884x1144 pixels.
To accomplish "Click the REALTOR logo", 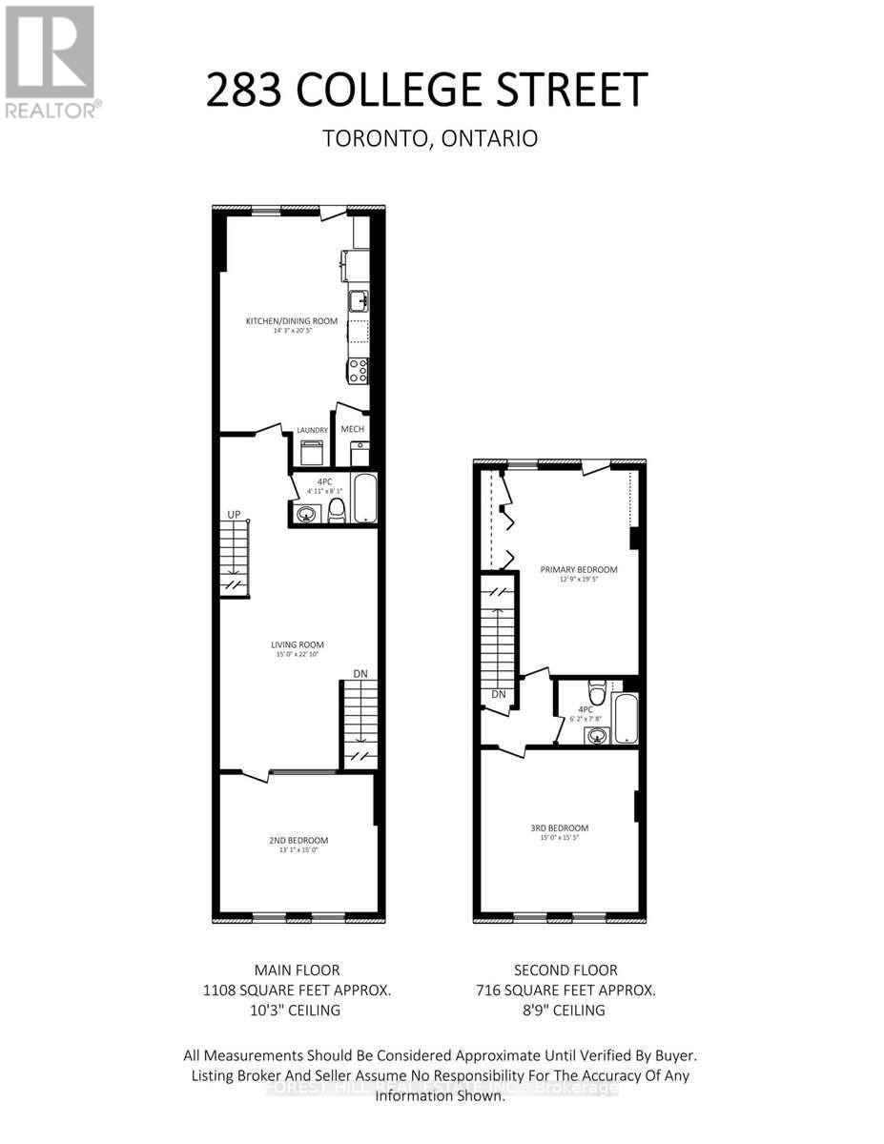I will point(50,61).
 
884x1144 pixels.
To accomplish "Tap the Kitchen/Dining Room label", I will point(292,321).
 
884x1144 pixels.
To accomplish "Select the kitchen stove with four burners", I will point(359,370).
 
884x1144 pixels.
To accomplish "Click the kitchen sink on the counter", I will point(359,301).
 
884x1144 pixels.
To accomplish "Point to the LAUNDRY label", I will point(312,431).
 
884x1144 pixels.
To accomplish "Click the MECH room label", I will point(353,429).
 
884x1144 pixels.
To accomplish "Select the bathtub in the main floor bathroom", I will point(365,500).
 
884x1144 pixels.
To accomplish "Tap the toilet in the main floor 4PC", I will point(336,513).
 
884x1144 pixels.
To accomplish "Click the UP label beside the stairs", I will point(234,514).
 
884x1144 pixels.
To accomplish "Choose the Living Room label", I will point(297,644).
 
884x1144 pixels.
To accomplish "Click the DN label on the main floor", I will point(360,673).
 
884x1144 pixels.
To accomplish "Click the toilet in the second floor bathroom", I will point(598,689).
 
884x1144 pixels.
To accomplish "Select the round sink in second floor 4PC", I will point(597,735).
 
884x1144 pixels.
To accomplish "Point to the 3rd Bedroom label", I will point(559,827).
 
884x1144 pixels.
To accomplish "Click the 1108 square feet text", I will point(298,991).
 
